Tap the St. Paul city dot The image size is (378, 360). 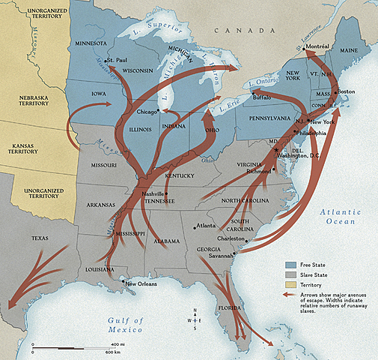click(106, 59)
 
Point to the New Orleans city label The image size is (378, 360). click(141, 283)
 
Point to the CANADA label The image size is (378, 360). click(233, 29)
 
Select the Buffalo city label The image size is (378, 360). click(263, 97)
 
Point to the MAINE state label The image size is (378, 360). click(349, 51)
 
